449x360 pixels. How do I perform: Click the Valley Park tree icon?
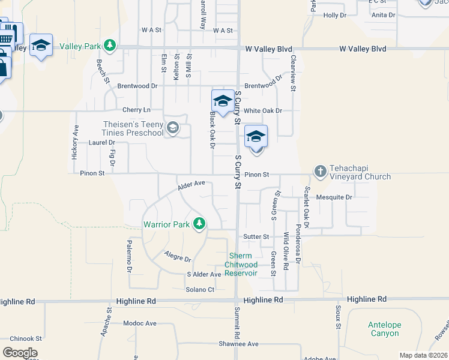109,45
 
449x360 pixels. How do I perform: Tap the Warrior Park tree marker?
199,224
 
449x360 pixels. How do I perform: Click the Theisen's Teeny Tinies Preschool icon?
173,127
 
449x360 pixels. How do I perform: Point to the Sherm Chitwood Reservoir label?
241,265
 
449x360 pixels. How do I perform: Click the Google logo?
20,353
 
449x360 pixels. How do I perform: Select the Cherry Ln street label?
136,110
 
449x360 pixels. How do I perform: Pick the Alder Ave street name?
191,185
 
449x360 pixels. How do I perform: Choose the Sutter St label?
256,237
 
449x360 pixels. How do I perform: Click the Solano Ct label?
200,290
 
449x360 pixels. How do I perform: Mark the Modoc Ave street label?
139,323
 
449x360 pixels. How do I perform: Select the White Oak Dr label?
262,111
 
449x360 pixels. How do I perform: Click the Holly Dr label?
335,15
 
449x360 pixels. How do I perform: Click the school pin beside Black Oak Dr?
222,102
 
